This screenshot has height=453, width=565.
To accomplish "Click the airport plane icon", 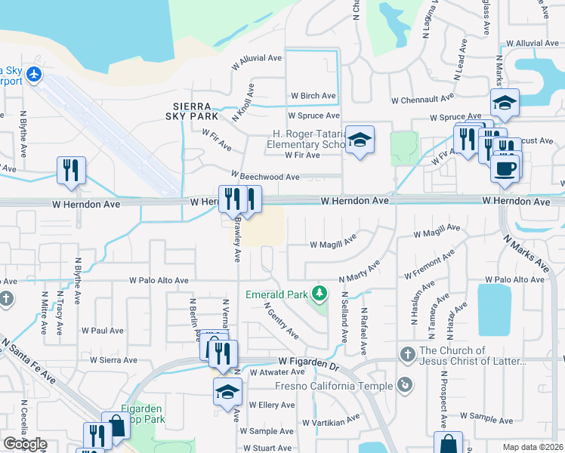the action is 34,75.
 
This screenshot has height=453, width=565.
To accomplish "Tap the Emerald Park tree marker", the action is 320,292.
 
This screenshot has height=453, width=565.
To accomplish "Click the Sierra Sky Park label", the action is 192,111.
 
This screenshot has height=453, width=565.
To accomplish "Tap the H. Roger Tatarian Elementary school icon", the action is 360,140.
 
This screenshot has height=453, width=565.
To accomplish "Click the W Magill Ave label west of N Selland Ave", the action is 332,244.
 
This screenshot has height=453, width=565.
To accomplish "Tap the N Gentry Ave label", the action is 280,320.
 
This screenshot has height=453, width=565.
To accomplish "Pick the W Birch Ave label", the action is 313,96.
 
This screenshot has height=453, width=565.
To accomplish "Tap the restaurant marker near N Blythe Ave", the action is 71,169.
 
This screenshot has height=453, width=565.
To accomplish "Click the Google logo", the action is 25,444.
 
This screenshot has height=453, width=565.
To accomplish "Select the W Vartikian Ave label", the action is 332,420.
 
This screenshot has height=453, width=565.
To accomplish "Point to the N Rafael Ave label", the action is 363,331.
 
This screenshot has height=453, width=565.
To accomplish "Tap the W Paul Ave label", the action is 102,331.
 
